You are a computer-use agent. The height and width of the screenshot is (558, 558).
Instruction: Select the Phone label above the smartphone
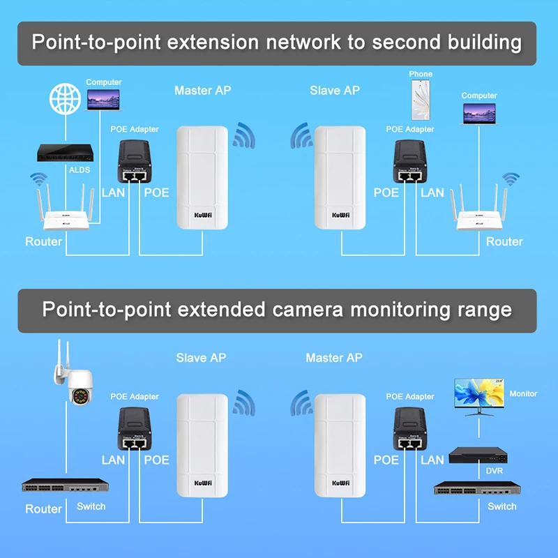[x=421, y=74]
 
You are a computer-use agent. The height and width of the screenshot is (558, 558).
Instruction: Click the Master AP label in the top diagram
[x=202, y=91]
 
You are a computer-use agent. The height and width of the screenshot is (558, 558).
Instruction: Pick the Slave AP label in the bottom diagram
[x=201, y=358]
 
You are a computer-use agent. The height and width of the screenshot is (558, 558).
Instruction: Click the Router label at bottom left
[x=43, y=508]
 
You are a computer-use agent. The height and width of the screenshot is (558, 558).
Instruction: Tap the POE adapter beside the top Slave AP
[x=410, y=163]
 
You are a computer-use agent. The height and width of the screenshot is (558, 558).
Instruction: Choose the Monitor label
[x=523, y=394]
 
